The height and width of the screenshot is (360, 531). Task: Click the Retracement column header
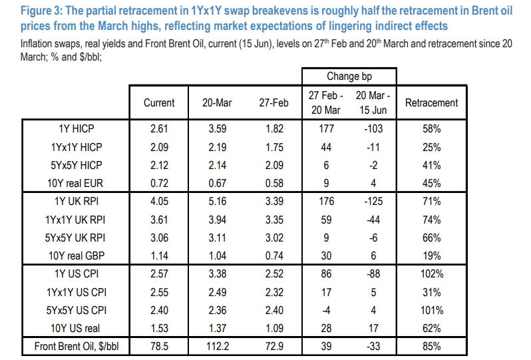(x=431, y=102)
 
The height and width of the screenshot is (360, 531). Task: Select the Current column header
(x=159, y=102)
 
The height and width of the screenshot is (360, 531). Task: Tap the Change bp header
(x=349, y=77)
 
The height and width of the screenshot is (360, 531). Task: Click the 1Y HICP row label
(x=77, y=128)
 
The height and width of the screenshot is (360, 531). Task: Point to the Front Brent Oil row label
(x=77, y=346)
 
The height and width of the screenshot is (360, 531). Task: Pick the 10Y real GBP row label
(x=77, y=256)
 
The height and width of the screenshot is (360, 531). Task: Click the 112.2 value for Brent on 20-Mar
(x=218, y=346)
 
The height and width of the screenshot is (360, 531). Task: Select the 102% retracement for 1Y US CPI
(x=432, y=273)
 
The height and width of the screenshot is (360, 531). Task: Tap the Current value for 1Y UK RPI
(x=159, y=201)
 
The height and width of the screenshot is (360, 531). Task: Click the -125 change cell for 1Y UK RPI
(x=373, y=201)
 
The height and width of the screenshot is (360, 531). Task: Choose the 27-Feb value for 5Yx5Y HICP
(x=274, y=165)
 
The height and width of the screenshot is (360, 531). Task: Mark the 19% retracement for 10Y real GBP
(x=432, y=256)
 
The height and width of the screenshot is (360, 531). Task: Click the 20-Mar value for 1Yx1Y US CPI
(x=218, y=292)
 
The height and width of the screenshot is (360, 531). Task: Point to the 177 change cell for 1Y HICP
(x=326, y=128)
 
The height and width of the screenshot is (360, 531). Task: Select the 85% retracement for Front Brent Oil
(x=432, y=346)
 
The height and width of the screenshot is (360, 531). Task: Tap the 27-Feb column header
(x=273, y=102)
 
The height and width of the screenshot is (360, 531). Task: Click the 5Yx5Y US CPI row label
(x=77, y=310)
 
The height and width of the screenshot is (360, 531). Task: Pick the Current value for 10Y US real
(x=159, y=328)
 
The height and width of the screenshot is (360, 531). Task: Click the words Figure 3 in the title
(x=41, y=11)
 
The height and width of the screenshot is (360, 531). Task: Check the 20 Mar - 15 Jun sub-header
(x=373, y=102)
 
